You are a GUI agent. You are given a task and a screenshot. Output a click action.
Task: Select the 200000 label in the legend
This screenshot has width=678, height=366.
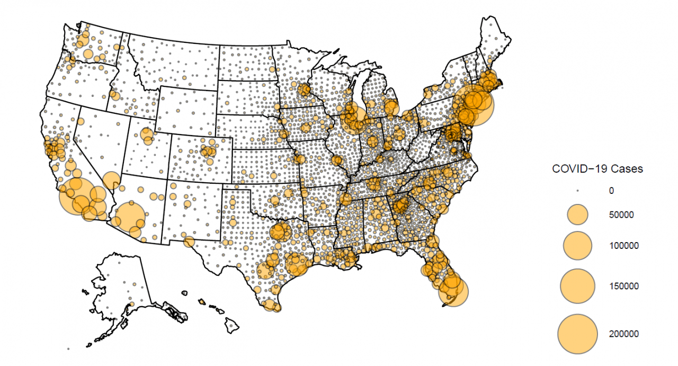(623, 334)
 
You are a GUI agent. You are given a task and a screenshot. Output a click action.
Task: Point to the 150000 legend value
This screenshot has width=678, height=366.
(623, 286)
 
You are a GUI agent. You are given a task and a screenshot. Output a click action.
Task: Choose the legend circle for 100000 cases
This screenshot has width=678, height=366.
(578, 245)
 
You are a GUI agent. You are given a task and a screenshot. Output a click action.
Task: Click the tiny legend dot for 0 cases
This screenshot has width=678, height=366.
(578, 190)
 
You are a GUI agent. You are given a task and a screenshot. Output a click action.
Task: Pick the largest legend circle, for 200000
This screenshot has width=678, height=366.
(578, 334)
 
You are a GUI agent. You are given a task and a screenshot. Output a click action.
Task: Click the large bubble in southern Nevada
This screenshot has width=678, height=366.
(111, 181)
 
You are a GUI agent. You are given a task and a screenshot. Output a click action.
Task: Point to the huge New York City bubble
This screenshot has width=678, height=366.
(475, 105)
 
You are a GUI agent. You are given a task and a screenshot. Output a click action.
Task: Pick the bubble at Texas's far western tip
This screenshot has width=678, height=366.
(189, 242)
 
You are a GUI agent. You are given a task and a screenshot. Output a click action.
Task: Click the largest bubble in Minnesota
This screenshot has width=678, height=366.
(304, 90)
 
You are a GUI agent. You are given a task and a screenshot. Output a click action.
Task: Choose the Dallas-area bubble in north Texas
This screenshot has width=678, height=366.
(279, 231)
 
